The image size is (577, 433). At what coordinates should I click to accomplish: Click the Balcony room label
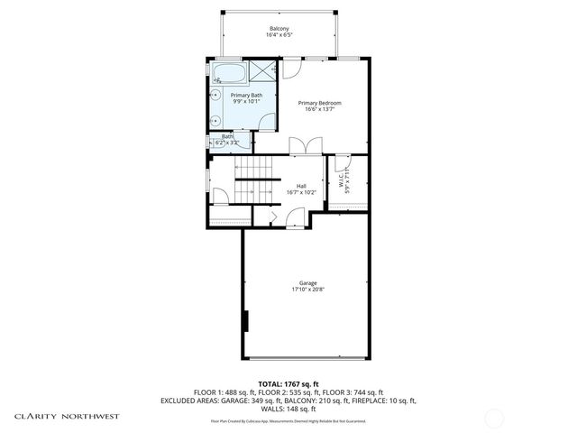279,29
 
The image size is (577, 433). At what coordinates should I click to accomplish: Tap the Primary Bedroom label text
320,103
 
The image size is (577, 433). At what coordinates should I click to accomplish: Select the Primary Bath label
246,95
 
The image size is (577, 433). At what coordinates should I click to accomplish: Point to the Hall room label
301,186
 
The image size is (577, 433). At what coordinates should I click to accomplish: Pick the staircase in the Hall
252,180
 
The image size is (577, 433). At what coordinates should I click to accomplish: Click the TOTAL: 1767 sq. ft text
288,383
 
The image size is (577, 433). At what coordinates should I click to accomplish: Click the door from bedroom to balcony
293,68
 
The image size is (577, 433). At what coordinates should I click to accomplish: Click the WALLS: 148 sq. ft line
288,408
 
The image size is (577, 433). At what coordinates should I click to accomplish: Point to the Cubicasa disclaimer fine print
288,420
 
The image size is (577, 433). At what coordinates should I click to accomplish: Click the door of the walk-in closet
342,163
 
